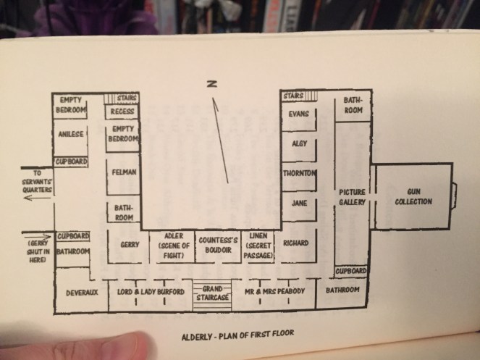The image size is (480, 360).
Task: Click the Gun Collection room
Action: click(413, 198)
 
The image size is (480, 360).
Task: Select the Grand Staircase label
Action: click(212, 293)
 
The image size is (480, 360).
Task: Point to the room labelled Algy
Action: click(298, 143)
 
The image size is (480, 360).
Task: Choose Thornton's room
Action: click(299, 174)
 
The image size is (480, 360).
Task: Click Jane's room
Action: click(298, 204)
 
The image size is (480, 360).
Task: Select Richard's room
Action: click(297, 243)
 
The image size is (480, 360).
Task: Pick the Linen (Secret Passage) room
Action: click(259, 245)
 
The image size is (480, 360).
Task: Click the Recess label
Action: click(121, 113)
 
